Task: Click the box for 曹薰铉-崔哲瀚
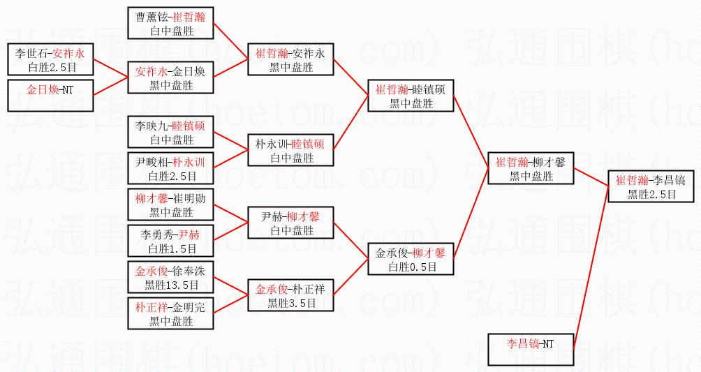(x=171, y=23)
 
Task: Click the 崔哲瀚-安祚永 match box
(x=291, y=59)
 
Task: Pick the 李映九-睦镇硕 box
(x=171, y=133)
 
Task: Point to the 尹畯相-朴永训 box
(x=171, y=168)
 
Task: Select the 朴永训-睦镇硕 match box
(x=291, y=150)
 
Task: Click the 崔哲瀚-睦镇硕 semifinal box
(x=411, y=96)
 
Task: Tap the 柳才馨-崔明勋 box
(x=171, y=204)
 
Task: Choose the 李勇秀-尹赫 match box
(x=171, y=241)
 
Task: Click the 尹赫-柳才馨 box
(x=291, y=223)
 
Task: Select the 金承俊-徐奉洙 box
(x=171, y=277)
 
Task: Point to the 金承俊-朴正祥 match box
(x=291, y=295)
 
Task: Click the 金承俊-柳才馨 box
(x=411, y=259)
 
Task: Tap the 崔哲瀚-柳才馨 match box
(x=531, y=168)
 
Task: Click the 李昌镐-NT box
(x=531, y=350)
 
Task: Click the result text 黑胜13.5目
(x=171, y=285)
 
